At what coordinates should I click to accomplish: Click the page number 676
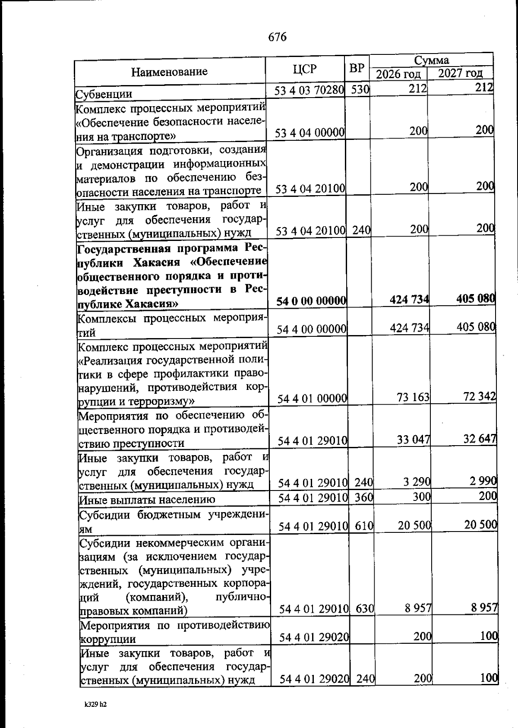[277, 37]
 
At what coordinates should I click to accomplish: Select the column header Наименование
[169, 71]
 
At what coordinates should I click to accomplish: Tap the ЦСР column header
[304, 69]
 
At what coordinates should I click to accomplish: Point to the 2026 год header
[398, 74]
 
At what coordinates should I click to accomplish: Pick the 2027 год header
[460, 73]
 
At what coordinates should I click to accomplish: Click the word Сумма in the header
[432, 60]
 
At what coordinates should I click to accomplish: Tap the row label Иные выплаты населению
[147, 500]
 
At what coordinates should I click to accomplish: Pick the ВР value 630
[365, 609]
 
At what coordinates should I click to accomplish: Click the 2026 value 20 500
[414, 525]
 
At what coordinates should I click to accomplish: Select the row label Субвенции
[104, 94]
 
